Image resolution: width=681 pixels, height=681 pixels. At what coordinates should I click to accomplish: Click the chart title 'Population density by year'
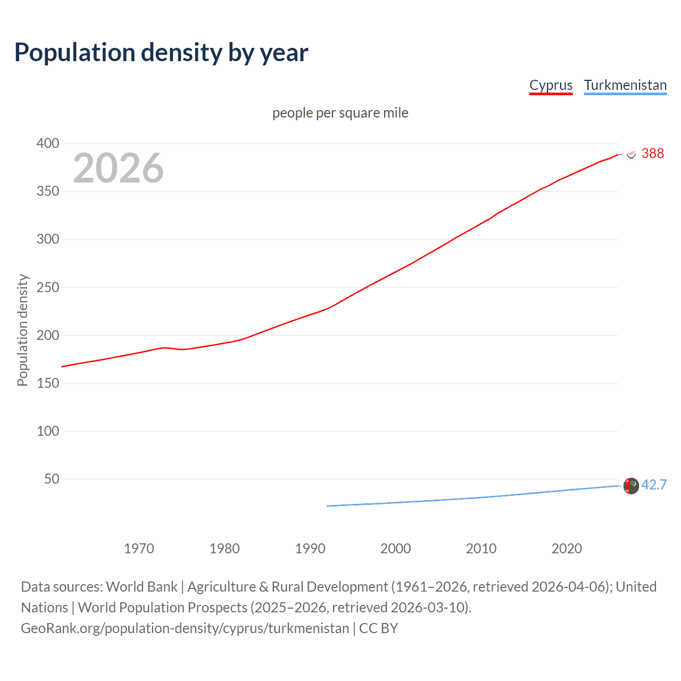161,53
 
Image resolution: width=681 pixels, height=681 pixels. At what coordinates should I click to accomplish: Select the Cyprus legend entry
551,85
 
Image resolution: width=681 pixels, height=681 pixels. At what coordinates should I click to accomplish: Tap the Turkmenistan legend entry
625,85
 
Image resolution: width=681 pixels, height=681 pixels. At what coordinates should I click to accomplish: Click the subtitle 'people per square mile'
340,113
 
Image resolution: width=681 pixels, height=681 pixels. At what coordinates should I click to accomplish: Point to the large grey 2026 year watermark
118,168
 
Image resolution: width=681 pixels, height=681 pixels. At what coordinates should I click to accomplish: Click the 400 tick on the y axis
48,143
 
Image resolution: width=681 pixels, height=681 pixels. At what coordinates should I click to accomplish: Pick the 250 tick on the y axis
48,287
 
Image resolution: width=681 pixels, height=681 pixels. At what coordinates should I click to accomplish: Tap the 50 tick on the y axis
52,479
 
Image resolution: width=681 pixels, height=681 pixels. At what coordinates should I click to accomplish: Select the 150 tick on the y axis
48,383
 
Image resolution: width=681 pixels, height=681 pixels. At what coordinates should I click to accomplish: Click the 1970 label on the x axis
139,549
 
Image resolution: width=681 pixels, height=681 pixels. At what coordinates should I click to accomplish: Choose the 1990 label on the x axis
310,549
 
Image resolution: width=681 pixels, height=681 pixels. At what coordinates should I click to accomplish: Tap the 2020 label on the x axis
567,549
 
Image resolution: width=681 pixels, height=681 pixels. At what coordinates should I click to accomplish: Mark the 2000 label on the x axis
396,549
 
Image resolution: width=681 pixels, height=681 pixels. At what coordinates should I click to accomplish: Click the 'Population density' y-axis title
22,330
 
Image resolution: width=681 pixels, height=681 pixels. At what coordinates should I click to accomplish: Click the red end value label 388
652,154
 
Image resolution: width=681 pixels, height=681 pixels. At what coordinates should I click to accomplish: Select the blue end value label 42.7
654,485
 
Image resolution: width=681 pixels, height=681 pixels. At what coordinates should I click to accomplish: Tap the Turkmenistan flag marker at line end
631,486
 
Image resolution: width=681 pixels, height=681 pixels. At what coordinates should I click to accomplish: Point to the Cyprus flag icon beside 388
632,154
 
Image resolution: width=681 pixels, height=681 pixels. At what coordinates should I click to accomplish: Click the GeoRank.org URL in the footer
185,628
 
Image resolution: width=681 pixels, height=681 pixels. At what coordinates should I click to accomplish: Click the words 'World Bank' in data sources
142,587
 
